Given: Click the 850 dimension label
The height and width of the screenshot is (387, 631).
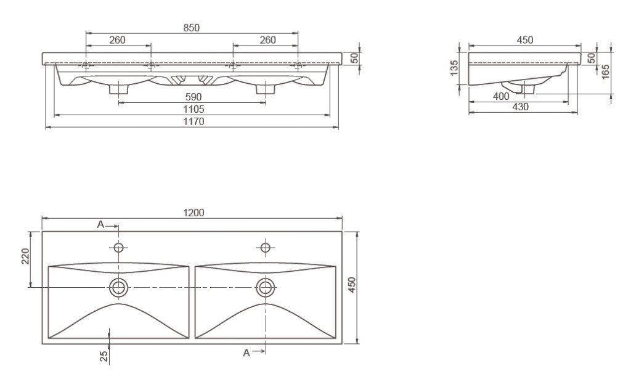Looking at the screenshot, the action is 192,28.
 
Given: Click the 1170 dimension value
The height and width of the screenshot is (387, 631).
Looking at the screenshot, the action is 194,121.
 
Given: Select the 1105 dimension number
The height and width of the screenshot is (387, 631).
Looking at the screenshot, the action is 193,110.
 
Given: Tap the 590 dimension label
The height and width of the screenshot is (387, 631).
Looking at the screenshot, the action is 193,97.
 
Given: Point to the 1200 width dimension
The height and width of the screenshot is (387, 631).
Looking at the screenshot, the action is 193,213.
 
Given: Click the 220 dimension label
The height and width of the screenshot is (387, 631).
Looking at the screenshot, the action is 25,256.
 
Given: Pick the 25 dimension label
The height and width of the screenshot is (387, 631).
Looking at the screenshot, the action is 104,356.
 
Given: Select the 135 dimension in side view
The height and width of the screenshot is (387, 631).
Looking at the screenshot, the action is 454,68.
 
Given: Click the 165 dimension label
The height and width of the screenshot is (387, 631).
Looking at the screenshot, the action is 605,71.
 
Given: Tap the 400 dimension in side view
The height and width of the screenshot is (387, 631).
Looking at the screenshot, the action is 501,97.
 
